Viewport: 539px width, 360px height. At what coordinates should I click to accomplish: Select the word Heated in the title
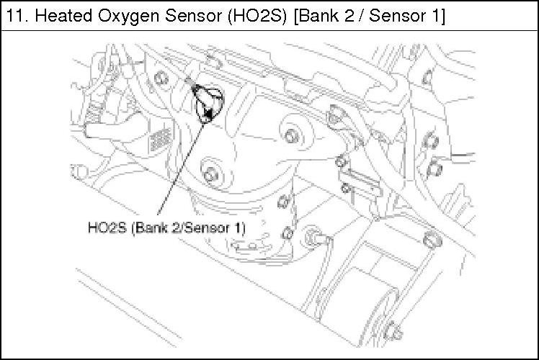click(63, 16)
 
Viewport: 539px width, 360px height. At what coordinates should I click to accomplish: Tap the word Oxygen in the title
click(129, 17)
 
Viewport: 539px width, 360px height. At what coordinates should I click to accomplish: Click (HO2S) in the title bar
click(257, 16)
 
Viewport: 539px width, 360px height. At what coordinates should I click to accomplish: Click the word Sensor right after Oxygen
click(194, 16)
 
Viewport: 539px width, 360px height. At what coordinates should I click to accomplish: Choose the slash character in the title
click(360, 16)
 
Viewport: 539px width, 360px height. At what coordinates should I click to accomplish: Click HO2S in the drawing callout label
click(107, 228)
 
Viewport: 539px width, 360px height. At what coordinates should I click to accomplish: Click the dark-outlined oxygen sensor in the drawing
click(208, 102)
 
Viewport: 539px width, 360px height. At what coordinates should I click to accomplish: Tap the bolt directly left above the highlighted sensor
click(161, 78)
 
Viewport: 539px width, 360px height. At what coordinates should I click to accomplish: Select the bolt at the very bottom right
click(393, 331)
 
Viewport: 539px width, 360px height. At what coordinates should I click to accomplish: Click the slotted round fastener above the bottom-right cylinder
click(432, 240)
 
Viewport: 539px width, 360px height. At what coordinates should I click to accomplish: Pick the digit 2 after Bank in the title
click(348, 16)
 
